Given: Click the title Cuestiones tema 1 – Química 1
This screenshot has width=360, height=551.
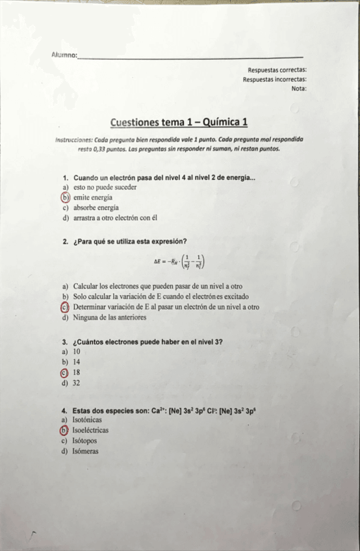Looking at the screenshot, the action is [x=179, y=122].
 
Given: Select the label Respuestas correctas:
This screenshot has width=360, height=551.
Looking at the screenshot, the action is [x=277, y=70].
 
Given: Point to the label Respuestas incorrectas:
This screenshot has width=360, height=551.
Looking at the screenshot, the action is [x=275, y=79].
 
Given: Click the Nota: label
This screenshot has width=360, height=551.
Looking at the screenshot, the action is [x=299, y=88].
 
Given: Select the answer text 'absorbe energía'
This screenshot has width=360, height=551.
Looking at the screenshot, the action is [x=96, y=207].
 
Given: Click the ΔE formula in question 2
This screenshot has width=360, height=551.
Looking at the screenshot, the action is [x=181, y=263].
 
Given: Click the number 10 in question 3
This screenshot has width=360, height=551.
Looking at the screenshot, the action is [x=77, y=352].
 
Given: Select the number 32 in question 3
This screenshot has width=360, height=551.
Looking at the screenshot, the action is [x=77, y=383].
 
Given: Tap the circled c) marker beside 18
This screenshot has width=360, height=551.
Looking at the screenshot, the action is [x=64, y=373].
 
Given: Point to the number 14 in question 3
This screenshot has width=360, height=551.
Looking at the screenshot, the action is [x=77, y=362].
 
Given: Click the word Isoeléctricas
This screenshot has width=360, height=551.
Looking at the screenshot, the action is [x=90, y=430].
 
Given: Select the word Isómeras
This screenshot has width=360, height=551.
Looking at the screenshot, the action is [x=86, y=451].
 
